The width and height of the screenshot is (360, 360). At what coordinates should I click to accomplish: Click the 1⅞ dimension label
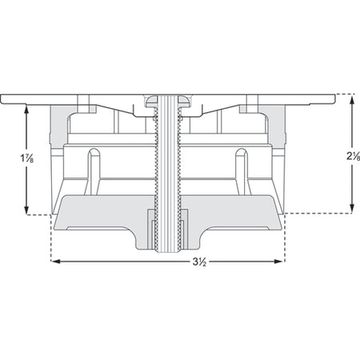(x=27, y=158)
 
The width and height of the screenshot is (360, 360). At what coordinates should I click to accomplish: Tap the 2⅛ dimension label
(x=354, y=156)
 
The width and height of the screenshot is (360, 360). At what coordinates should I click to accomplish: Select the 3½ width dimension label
(x=199, y=262)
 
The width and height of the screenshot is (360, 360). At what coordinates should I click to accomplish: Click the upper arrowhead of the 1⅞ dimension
(x=26, y=109)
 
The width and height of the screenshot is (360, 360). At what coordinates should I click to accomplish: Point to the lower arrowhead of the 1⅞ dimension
(x=26, y=210)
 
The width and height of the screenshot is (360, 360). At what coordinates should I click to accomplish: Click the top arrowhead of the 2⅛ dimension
(x=352, y=101)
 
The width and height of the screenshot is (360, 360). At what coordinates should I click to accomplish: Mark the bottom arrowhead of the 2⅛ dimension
(x=352, y=208)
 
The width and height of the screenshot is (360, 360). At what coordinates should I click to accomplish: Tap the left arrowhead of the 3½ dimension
(x=55, y=262)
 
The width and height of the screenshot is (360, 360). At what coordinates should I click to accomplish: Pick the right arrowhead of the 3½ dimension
(x=278, y=262)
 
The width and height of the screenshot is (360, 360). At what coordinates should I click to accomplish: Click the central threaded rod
(x=168, y=174)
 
